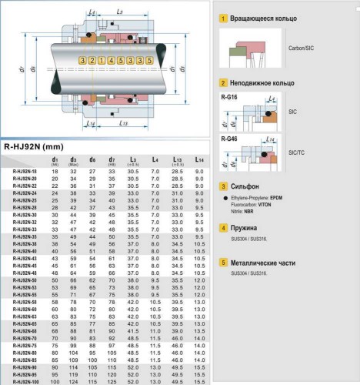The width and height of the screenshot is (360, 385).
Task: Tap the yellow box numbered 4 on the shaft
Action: [x=111, y=60]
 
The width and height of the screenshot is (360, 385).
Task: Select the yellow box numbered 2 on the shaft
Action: [x=91, y=60]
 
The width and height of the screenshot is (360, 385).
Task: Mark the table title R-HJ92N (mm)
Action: [x=33, y=146]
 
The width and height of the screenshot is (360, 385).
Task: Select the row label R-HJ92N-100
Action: [x=25, y=381]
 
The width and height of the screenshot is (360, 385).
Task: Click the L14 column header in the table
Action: [x=199, y=159]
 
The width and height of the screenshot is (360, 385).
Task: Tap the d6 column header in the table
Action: [x=92, y=159]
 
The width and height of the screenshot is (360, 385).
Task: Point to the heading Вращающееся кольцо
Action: [x=266, y=17]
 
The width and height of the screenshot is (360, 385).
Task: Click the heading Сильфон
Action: [x=246, y=186]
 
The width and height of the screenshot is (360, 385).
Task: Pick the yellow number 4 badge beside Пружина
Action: [x=223, y=228]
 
